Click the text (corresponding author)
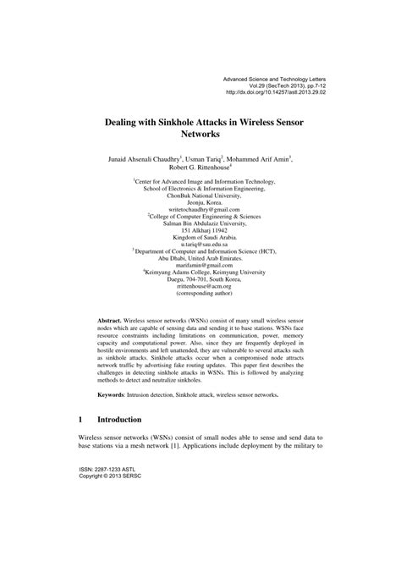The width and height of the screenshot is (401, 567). pyautogui.click(x=200, y=296)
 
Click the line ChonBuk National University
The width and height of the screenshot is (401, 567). pyautogui.click(x=200, y=195)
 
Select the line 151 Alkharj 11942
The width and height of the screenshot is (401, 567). pyautogui.click(x=200, y=228)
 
